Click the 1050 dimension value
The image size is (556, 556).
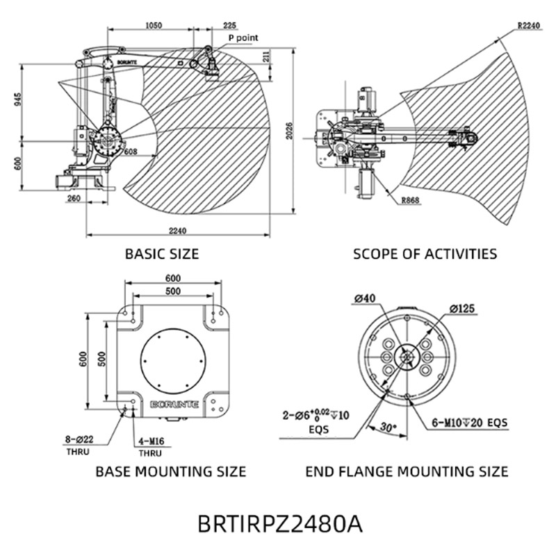(x=154, y=25)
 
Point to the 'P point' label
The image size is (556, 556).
(x=243, y=38)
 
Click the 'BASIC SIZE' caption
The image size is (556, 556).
(x=161, y=254)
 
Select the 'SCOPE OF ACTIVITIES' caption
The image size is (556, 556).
(x=425, y=254)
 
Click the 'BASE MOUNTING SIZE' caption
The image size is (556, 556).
(x=170, y=471)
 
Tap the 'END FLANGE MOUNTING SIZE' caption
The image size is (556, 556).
(x=407, y=471)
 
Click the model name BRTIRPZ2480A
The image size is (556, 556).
(x=280, y=523)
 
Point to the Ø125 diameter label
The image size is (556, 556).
(x=463, y=308)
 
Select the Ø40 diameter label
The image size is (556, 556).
(x=364, y=300)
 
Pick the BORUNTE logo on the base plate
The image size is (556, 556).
(x=174, y=403)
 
